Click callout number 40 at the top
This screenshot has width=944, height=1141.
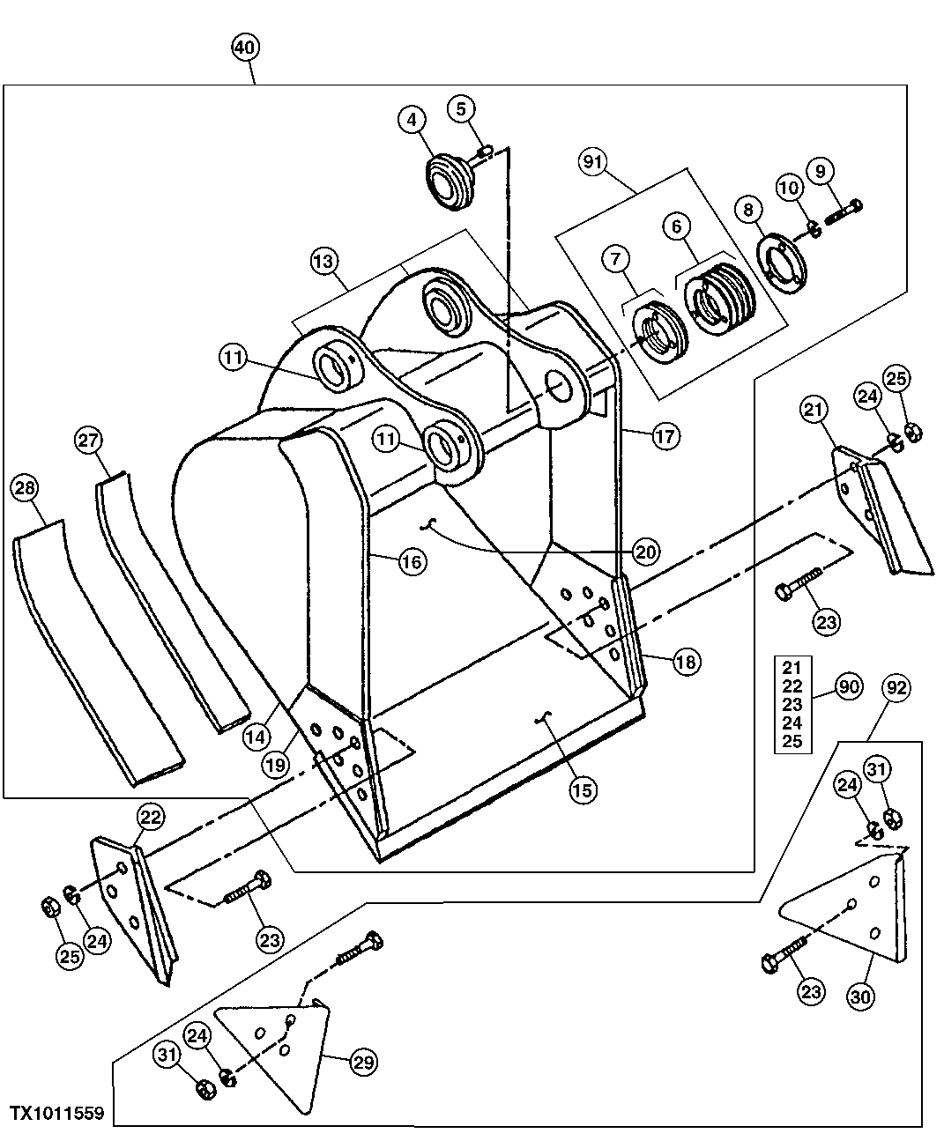(x=247, y=47)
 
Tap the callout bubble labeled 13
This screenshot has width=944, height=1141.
(x=323, y=261)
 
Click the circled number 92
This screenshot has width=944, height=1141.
(x=896, y=686)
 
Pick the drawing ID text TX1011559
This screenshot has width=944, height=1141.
(x=58, y=1114)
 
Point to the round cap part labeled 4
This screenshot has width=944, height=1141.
(x=449, y=180)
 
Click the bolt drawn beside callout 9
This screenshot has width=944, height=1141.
(x=844, y=211)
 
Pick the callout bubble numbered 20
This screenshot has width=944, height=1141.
(x=647, y=552)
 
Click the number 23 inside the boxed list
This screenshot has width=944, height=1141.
(x=792, y=704)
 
